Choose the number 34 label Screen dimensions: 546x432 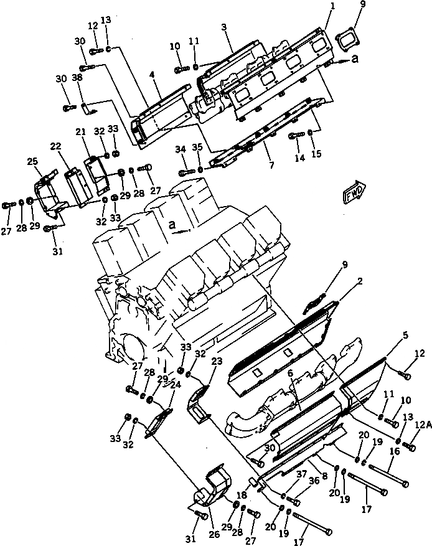181,148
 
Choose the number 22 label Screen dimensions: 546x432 55,146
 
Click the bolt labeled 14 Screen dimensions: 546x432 296,136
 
